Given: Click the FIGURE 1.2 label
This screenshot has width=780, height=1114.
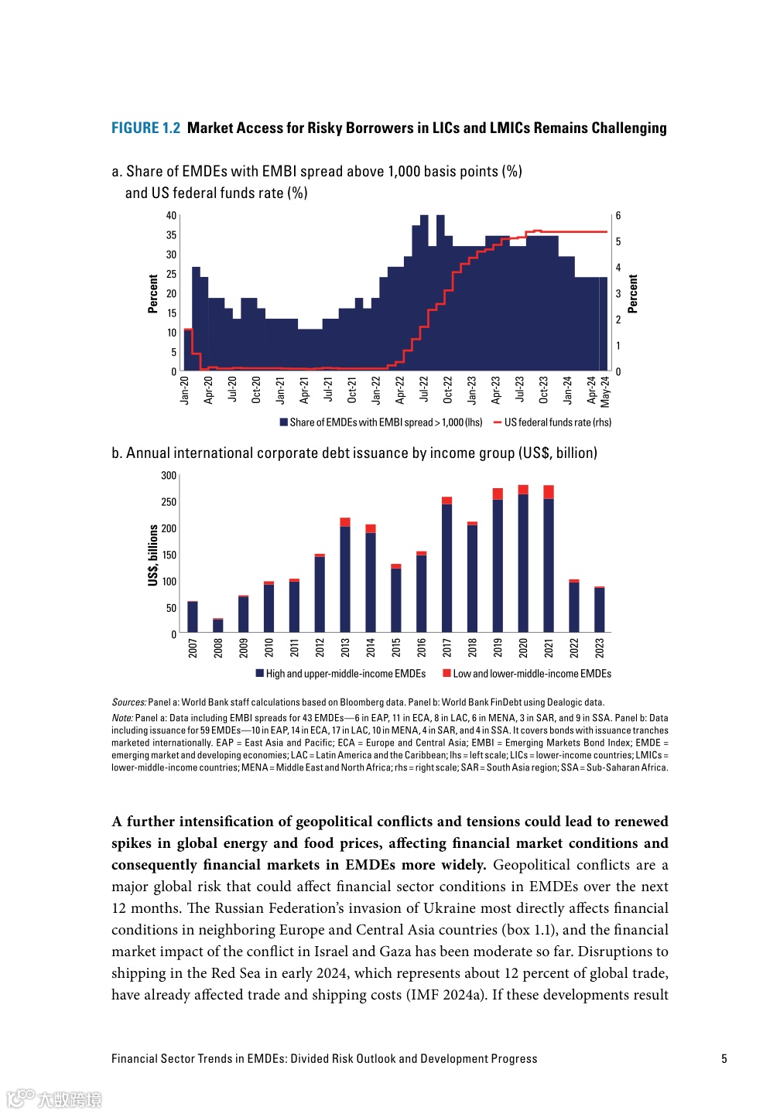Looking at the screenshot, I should (145, 128).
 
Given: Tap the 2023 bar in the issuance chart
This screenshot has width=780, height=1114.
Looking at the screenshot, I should (599, 610).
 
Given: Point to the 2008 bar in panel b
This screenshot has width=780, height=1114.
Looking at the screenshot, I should (218, 626).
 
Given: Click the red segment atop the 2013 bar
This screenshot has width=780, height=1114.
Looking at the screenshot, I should (345, 522).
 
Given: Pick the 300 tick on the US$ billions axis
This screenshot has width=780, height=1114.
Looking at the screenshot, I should (169, 476).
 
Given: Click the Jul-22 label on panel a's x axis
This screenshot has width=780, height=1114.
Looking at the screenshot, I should (424, 389).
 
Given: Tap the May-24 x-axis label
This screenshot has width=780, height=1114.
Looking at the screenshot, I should (605, 391).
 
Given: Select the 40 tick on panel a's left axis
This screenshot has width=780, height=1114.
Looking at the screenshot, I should (171, 216).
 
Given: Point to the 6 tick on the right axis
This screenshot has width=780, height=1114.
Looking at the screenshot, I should (618, 216).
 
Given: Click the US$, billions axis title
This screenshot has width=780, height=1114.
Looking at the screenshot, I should (153, 555).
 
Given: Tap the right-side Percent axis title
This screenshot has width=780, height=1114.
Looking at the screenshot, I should (633, 294).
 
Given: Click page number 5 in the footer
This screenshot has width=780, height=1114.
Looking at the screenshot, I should (724, 1059).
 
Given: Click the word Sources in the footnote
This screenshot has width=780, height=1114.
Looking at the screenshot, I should (128, 702).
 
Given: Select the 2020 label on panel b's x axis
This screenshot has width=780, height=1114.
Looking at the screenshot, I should (523, 648).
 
